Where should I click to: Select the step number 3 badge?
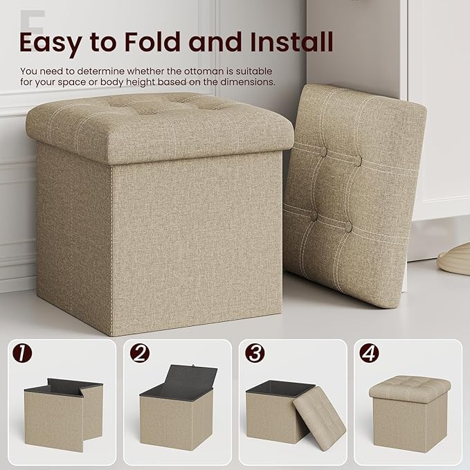click(x=255, y=353)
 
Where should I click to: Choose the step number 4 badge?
click(x=370, y=353)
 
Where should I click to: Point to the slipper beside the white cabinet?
click(x=454, y=262)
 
